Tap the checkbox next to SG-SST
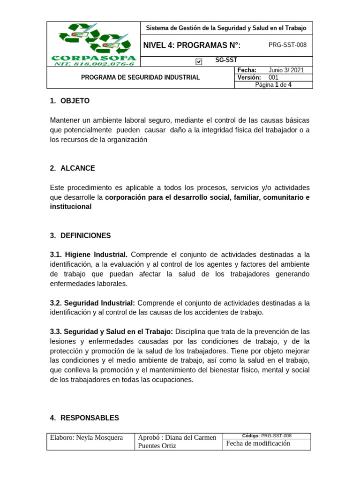[199, 61]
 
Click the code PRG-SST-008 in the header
[287, 45]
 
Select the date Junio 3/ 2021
[286, 70]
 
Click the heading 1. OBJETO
[69, 101]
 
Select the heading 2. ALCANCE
[72, 168]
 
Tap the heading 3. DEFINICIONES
[80, 235]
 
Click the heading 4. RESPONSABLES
[84, 418]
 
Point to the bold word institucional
[71, 207]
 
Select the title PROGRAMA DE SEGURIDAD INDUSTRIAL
[141, 77]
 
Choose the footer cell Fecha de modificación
[258, 443]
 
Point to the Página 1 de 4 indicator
[273, 85]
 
